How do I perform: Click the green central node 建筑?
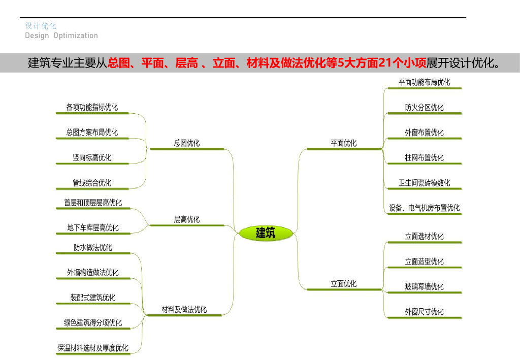coord(266,233)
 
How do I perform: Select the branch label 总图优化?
coord(187,143)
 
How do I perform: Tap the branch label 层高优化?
coord(187,219)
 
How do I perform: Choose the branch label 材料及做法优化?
coord(184,309)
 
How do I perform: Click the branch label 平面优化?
coord(344,143)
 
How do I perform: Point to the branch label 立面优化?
coord(344,284)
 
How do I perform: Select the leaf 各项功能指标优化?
coord(92,107)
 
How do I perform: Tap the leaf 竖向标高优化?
coord(92,157)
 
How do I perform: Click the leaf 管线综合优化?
coord(92,182)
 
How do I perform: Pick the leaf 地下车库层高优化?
coord(93,227)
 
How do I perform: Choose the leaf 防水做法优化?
coord(93,248)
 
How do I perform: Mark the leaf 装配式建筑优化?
coord(93,298)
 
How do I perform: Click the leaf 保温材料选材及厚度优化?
coord(93,348)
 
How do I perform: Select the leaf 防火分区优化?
coord(425,107)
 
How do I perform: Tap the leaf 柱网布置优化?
coord(425,157)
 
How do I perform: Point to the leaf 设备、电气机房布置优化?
coord(425,208)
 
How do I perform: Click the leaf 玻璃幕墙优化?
coord(425,286)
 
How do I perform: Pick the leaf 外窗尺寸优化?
coord(425,312)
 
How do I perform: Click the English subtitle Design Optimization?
coord(61,36)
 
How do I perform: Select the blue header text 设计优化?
coord(41,26)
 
